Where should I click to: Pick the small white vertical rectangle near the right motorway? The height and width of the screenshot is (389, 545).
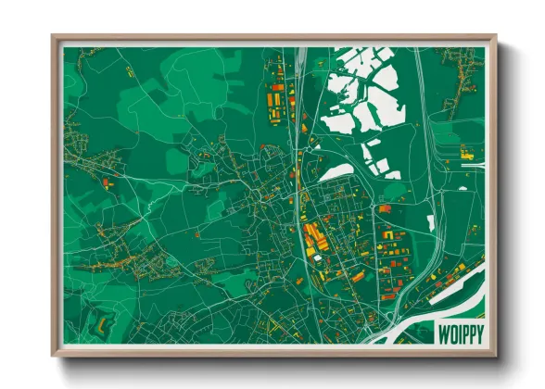click(x=431, y=222)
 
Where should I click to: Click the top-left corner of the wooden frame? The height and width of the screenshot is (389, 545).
click(x=54, y=37)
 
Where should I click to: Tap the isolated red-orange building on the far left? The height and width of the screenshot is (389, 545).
click(x=108, y=183)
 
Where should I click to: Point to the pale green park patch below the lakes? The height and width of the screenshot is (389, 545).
click(x=395, y=191)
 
